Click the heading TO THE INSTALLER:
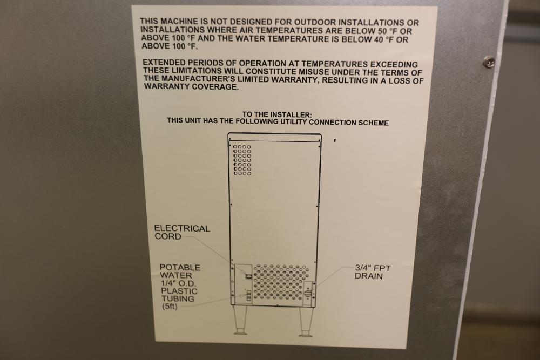277,114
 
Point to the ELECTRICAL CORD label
182,232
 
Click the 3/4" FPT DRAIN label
373,272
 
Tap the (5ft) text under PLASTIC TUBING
170,307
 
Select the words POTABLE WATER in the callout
180,271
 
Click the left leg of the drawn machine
240,320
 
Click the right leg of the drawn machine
306,322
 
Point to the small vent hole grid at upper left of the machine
242,160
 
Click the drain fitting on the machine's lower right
308,293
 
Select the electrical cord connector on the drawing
248,275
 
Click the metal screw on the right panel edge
489,62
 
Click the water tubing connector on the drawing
248,296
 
